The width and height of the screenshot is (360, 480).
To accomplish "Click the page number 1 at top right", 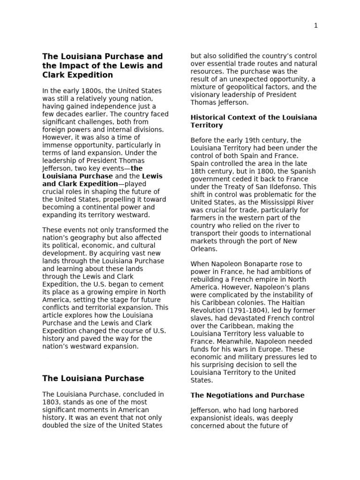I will point(316,26).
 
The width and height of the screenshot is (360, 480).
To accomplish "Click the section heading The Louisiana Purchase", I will point(93,378).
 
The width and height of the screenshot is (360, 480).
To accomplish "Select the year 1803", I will point(51,402).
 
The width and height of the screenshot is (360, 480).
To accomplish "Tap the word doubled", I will point(56,426).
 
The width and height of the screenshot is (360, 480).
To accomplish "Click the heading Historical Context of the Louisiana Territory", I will point(254,121).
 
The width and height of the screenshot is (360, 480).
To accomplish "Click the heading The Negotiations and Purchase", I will point(247,395).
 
